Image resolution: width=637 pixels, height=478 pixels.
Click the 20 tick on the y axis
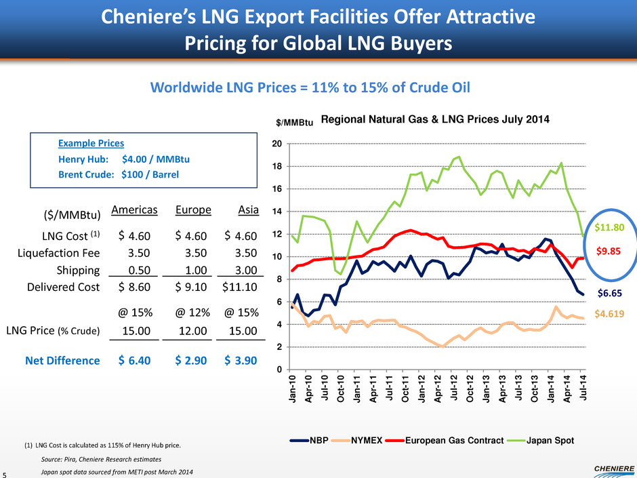[278, 144]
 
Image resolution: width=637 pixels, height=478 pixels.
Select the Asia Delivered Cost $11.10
[241, 287]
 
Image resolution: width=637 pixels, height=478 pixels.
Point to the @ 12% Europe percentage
[193, 314]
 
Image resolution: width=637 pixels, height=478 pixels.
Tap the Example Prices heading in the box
[90, 144]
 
